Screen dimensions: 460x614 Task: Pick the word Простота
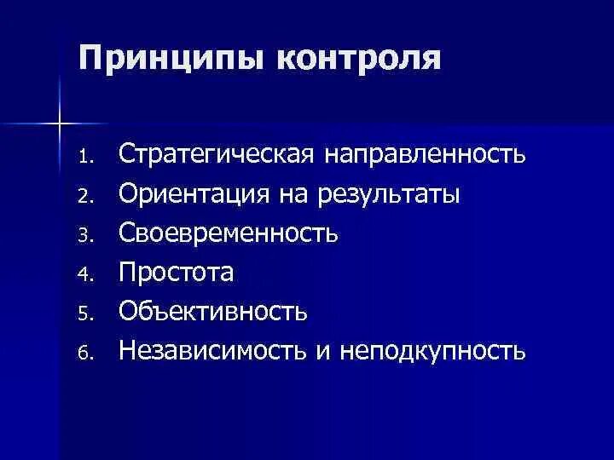[176, 273]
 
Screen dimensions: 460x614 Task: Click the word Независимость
[214, 349]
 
